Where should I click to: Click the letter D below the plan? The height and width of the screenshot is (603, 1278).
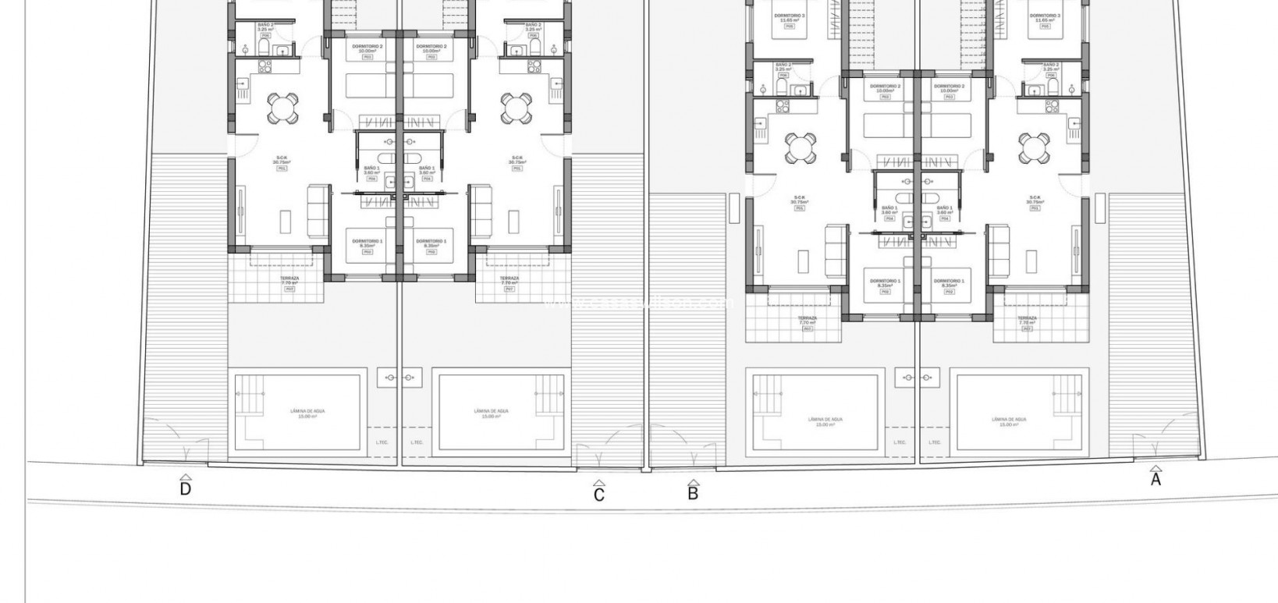186,489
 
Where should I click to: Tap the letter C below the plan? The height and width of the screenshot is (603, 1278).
599,494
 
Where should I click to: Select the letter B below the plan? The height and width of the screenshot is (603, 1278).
693,493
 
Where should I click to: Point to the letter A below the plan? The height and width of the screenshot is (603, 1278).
1156,480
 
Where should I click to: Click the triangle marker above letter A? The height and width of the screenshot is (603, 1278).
1156,469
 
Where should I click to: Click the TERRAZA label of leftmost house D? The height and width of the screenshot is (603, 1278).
289,278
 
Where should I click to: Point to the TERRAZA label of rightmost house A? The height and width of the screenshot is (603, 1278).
1027,318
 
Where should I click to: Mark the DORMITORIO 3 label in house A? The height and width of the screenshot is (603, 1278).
1044,16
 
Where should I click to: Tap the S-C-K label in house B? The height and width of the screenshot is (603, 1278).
799,197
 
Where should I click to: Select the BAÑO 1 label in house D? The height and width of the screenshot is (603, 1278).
372,168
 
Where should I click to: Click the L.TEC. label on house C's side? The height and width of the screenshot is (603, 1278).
417,442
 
